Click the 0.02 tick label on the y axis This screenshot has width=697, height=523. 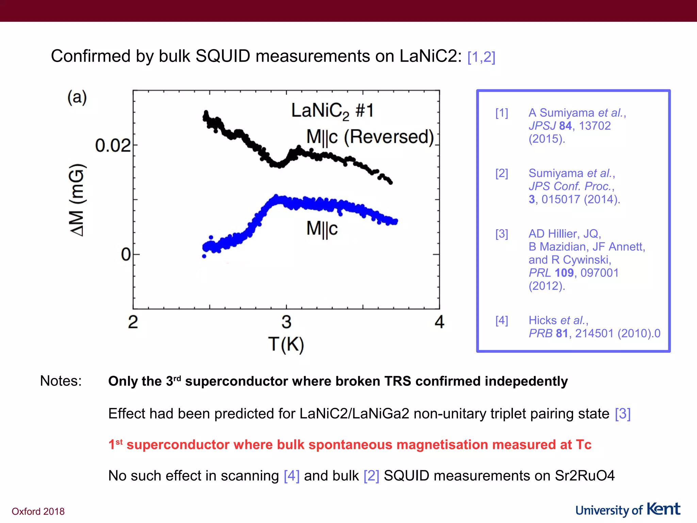pyautogui.click(x=113, y=146)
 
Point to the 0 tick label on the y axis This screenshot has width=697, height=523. pyautogui.click(x=126, y=254)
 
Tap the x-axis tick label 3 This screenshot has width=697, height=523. pyautogui.click(x=286, y=322)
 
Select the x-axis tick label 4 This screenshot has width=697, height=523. pyautogui.click(x=439, y=322)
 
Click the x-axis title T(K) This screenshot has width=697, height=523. pyautogui.click(x=286, y=344)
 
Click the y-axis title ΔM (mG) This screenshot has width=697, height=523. pyautogui.click(x=77, y=200)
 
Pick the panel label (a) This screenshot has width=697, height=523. pyautogui.click(x=77, y=98)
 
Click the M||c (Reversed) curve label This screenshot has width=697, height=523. pyautogui.click(x=370, y=137)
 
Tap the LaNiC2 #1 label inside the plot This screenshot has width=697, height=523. pyautogui.click(x=332, y=111)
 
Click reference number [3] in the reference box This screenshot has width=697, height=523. pyautogui.click(x=502, y=234)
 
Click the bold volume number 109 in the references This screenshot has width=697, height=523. pyautogui.click(x=564, y=273)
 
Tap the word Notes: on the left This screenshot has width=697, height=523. pyautogui.click(x=61, y=381)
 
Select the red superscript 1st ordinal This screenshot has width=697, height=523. pyautogui.click(x=115, y=444)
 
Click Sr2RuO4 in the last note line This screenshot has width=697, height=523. pyautogui.click(x=585, y=476)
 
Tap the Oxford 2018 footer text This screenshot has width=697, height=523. pyautogui.click(x=38, y=511)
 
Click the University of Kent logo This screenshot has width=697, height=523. pyautogui.click(x=628, y=510)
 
